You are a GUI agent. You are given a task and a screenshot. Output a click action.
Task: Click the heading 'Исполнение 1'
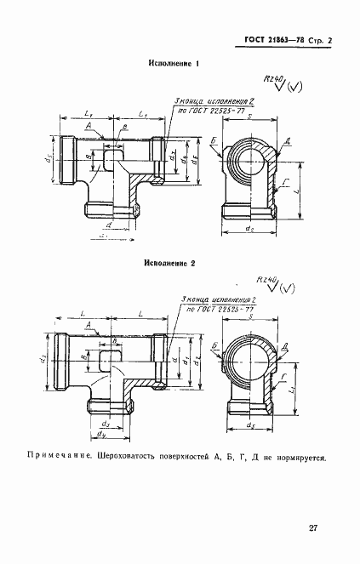(x=173, y=64)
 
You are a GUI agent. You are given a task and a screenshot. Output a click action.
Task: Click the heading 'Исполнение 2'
(x=170, y=264)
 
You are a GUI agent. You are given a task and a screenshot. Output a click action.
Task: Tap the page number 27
(x=313, y=528)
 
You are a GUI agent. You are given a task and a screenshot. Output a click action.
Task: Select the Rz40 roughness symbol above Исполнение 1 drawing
(x=274, y=81)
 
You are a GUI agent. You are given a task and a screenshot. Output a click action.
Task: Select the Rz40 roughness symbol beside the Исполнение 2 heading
(x=271, y=283)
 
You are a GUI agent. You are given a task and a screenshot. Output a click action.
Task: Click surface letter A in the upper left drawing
(x=89, y=125)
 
